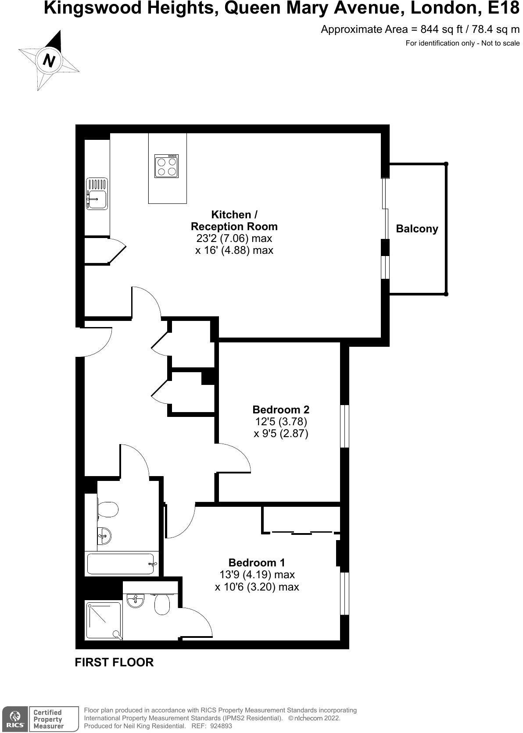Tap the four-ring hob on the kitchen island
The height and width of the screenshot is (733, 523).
(166, 166)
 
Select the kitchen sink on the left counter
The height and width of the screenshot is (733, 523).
(97, 193)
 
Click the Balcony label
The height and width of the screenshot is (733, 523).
(417, 229)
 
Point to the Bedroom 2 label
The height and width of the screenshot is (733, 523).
(281, 409)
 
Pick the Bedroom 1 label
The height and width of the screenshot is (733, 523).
(257, 562)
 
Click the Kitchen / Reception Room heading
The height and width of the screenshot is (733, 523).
(234, 221)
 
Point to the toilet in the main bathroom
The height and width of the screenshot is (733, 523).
(108, 510)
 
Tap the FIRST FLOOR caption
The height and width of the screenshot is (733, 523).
(114, 662)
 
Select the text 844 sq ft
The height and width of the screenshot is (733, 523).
(440, 29)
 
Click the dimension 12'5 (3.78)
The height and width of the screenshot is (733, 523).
(281, 422)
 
